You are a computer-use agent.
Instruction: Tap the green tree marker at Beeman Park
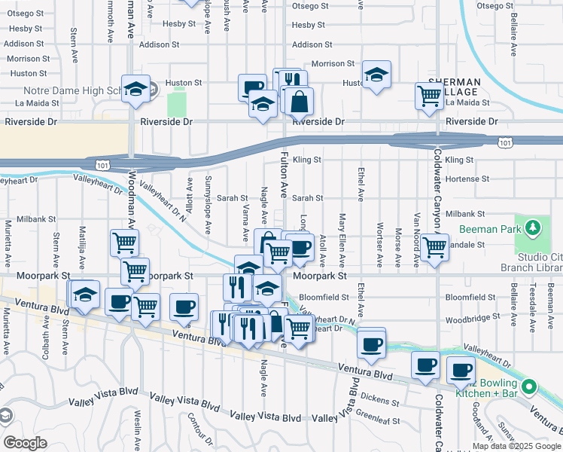[x=533, y=227]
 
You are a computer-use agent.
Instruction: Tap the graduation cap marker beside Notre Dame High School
[x=135, y=89]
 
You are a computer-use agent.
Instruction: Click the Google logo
[x=25, y=443]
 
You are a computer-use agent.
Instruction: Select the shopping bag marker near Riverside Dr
[x=300, y=99]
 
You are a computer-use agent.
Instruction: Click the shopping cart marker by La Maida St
[x=429, y=95]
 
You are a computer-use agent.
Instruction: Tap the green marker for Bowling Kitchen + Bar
[x=530, y=388]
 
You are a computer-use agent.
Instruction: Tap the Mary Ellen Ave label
[x=342, y=240]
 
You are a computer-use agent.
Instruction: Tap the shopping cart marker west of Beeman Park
[x=434, y=246]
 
